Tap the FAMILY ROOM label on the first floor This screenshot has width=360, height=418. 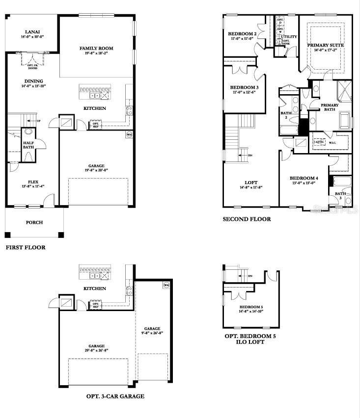click(x=97, y=48)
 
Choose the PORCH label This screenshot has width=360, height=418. click(x=34, y=222)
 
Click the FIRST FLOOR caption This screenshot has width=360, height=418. click(x=26, y=248)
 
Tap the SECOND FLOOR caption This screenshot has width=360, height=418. click(x=247, y=219)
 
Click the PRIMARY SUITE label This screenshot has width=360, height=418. click(x=326, y=45)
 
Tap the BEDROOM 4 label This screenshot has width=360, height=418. click(x=304, y=178)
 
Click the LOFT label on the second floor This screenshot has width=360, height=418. click(x=250, y=182)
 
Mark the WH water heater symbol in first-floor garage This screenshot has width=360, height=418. click(x=129, y=134)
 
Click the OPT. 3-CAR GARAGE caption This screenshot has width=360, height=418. click(x=115, y=396)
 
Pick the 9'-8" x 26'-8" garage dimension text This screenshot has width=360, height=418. click(x=152, y=333)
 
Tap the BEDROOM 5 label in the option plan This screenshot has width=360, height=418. click(x=251, y=306)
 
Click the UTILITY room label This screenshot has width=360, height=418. click(x=289, y=36)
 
